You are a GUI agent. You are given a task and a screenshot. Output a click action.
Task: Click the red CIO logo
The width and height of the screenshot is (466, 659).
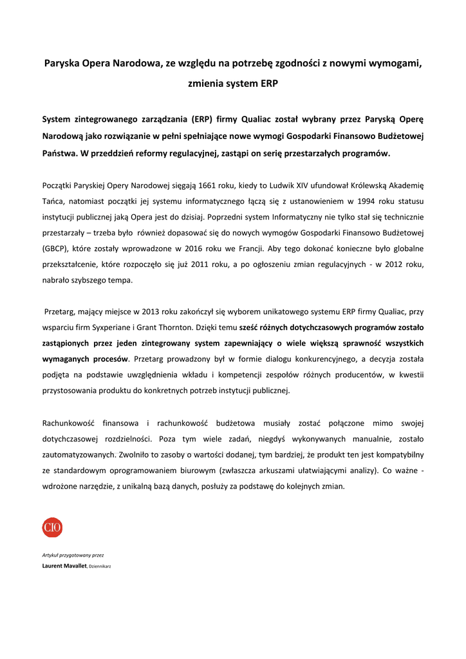[x=52, y=528]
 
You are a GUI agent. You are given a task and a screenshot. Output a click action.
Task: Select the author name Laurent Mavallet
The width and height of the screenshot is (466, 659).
[x=64, y=566]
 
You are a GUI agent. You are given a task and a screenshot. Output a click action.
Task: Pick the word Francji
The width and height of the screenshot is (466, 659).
[x=244, y=248]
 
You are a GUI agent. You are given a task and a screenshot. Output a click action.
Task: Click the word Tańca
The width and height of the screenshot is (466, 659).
[x=54, y=201]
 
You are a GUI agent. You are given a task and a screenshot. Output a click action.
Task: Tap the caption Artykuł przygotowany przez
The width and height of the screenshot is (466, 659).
[x=73, y=555]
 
